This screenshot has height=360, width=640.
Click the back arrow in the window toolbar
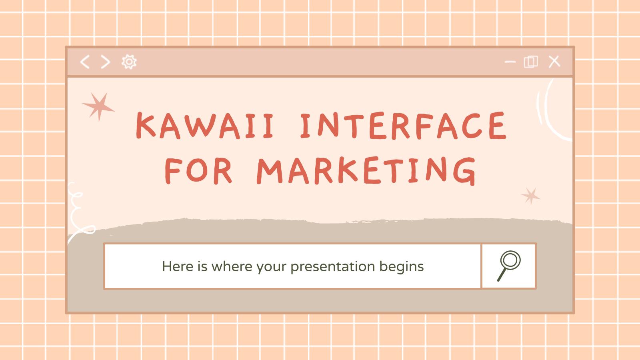[x=85, y=62]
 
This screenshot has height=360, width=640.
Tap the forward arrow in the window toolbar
[x=105, y=62]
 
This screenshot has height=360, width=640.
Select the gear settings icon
[x=129, y=62]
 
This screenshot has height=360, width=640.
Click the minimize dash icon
[x=510, y=62]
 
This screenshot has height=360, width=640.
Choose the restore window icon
[x=531, y=62]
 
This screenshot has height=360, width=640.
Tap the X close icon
[x=554, y=62]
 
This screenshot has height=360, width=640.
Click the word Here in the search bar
[x=178, y=266]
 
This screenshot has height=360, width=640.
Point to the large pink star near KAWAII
[x=98, y=106]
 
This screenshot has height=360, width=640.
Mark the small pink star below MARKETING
[x=531, y=196]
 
